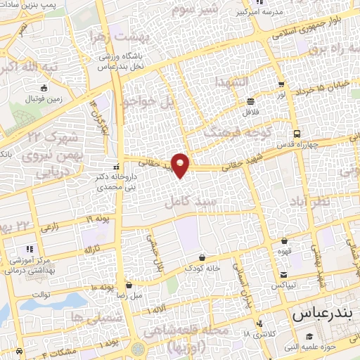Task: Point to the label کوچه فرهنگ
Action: pyautogui.click(x=237, y=133)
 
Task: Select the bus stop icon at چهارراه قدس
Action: pyautogui.click(x=297, y=134)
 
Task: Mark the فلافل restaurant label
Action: pyautogui.click(x=251, y=112)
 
